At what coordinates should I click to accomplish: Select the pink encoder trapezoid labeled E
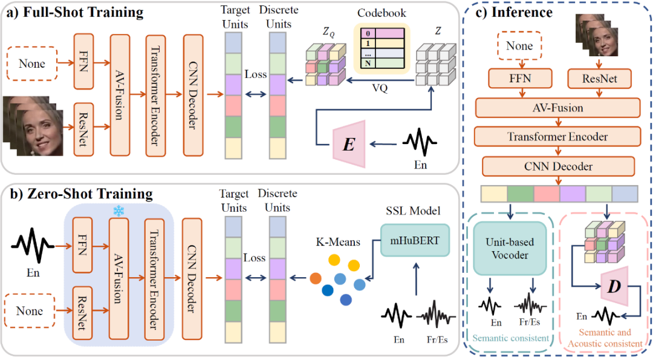click(x=349, y=143)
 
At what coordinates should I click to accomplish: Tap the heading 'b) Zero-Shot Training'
click(x=79, y=194)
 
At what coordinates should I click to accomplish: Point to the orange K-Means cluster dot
click(x=315, y=279)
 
